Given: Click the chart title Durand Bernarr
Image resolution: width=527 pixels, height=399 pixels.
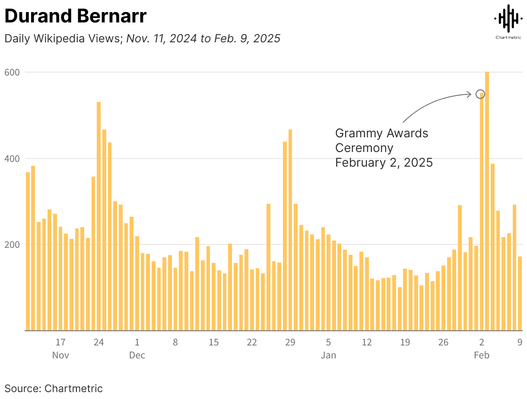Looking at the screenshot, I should point(76,16).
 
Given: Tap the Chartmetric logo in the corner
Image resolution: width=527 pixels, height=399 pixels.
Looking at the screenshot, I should point(508,22).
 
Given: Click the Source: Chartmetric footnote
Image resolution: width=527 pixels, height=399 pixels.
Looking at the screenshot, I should point(54,388).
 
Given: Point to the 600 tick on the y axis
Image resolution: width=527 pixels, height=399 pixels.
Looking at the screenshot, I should point(13,72).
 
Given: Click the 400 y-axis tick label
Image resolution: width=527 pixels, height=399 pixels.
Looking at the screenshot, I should point(13,158).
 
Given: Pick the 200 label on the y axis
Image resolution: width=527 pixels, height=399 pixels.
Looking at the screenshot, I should point(13,244).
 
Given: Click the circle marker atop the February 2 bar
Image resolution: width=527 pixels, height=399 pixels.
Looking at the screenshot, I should point(480,94).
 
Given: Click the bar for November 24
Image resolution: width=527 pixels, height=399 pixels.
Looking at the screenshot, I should point(98,216).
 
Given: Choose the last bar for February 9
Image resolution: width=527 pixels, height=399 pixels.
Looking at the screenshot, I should point(520,294).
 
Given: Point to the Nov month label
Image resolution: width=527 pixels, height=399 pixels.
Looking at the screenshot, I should point(60,355).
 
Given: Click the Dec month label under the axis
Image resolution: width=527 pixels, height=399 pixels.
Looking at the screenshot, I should point(137,355).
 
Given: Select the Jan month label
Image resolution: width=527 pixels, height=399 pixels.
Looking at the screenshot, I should point(328,355).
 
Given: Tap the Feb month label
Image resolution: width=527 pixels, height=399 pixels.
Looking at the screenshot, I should point(482,355).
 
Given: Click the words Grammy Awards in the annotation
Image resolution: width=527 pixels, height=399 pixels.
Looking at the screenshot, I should point(381,133).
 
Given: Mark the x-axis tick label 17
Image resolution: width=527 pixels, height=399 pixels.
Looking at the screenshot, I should point(60,342).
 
